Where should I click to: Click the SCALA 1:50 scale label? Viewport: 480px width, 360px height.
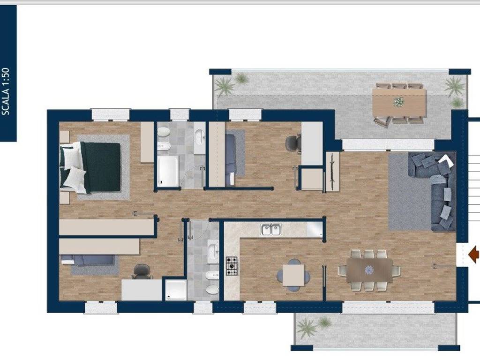point(6,91)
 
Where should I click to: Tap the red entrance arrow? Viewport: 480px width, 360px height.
point(474,255)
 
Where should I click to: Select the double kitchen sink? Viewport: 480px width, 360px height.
point(271,229)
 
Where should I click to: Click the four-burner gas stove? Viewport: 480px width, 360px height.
point(232,266)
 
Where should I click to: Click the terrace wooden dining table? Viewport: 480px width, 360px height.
point(399,103)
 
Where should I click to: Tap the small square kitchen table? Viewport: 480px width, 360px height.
point(293,275)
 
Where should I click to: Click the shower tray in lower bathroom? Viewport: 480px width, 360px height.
point(176,290)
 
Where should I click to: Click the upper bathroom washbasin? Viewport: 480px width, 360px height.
point(200,136)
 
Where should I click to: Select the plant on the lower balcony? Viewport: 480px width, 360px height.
point(306,327)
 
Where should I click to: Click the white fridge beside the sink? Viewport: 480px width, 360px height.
point(315,229)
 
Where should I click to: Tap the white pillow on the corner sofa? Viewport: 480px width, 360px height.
point(447,160)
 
